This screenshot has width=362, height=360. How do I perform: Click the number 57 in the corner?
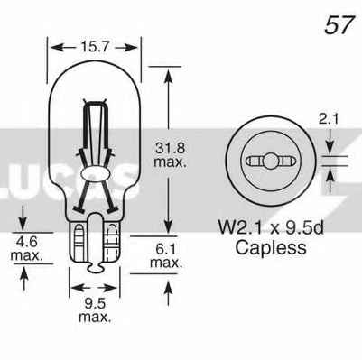point(339,25)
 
